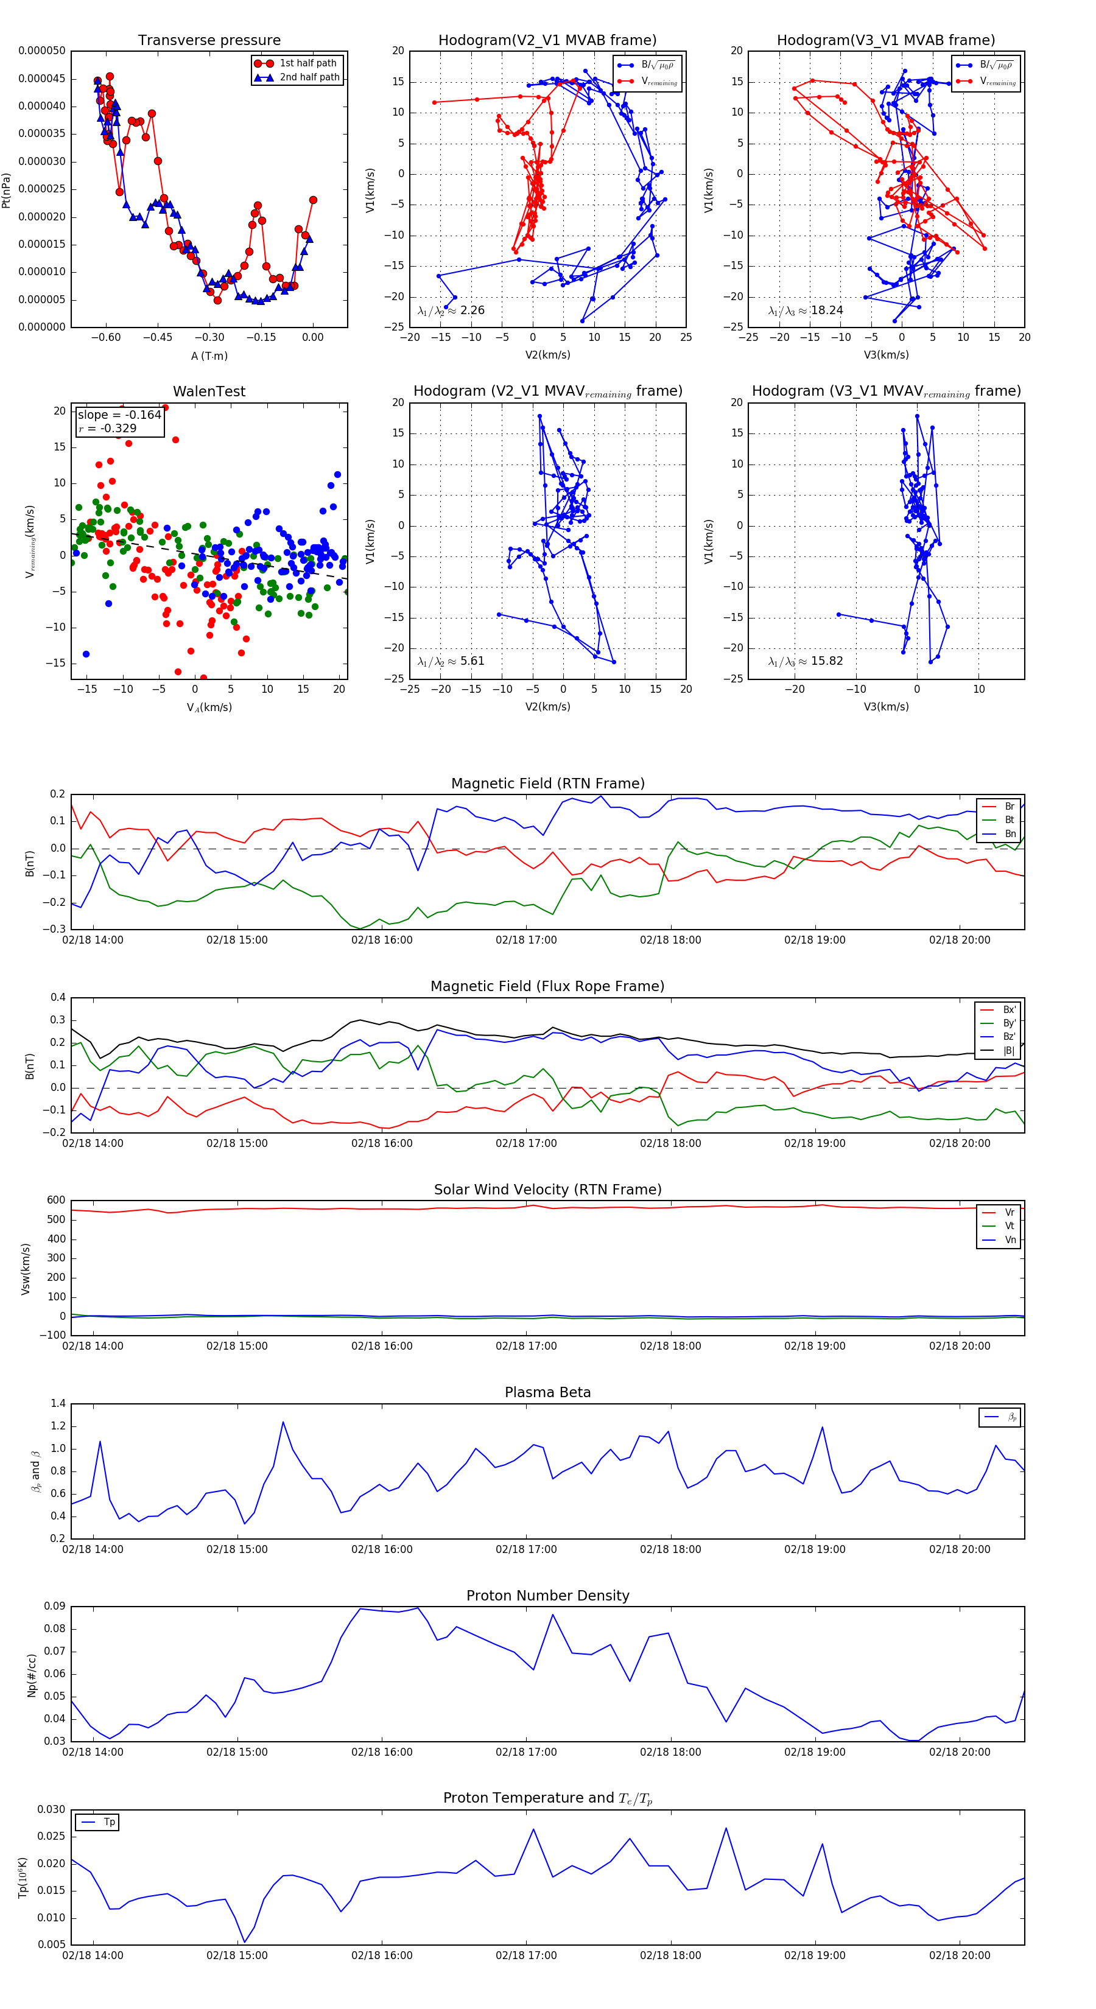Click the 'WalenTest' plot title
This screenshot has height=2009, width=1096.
(x=209, y=391)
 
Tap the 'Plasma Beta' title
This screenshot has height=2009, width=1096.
(x=547, y=1392)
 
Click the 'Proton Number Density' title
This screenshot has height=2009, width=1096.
(x=547, y=1595)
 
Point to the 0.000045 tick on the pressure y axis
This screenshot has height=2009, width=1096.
(x=42, y=79)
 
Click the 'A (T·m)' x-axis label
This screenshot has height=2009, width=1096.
(x=209, y=356)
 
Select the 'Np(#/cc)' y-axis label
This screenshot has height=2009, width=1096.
(x=32, y=1674)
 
